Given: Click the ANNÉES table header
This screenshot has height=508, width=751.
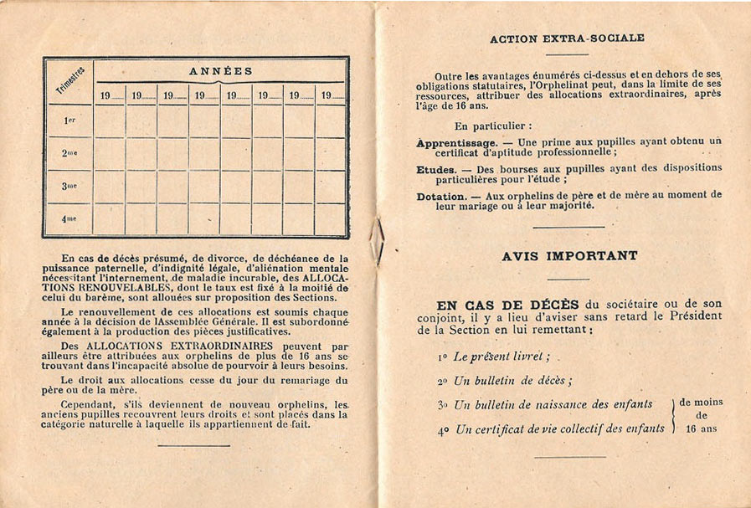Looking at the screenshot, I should [x=221, y=71].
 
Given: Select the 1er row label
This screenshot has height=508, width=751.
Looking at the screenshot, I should [x=69, y=121].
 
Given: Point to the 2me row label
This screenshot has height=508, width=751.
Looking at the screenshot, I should [x=69, y=154].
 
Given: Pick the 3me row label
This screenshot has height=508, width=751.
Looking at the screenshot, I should [x=69, y=186].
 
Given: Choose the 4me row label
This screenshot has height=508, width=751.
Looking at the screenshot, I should [x=69, y=218].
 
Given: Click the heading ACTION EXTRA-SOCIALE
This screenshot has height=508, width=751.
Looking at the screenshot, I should [x=567, y=38].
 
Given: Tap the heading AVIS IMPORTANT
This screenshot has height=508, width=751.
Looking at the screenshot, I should [x=569, y=256].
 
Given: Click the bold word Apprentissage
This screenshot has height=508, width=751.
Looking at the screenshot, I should [x=457, y=142].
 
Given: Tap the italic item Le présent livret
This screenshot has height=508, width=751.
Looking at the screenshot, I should [x=501, y=357].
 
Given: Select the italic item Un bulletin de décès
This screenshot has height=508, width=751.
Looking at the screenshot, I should [x=512, y=381].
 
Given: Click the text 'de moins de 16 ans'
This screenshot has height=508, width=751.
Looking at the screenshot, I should [x=702, y=415].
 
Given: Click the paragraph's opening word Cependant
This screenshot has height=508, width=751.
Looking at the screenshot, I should [x=90, y=404].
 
